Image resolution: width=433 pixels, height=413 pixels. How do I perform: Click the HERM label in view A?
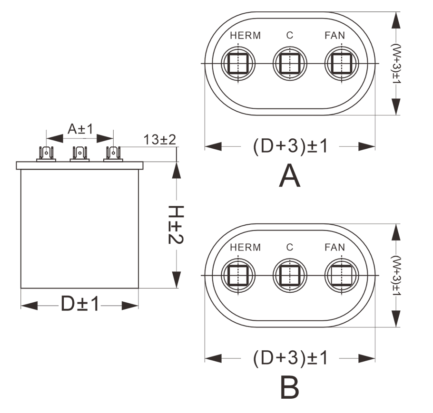[245, 36]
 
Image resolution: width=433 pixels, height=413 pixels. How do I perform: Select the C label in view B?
[290, 247]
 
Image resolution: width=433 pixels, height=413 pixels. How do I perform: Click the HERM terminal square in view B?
[237, 275]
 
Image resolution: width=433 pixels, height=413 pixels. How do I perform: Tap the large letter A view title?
[290, 176]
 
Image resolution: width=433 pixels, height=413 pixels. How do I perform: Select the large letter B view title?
[289, 387]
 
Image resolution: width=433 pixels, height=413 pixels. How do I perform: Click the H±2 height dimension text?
[176, 225]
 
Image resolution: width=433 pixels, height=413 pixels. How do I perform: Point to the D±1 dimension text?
[80, 304]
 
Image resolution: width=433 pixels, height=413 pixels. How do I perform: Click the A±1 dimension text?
[80, 129]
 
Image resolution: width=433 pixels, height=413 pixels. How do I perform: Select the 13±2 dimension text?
[160, 140]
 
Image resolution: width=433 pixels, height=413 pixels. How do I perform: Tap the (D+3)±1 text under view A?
[290, 147]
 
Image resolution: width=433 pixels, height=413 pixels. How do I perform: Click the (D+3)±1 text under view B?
[290, 358]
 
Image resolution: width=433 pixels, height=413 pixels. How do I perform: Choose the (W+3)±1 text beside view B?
[395, 276]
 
